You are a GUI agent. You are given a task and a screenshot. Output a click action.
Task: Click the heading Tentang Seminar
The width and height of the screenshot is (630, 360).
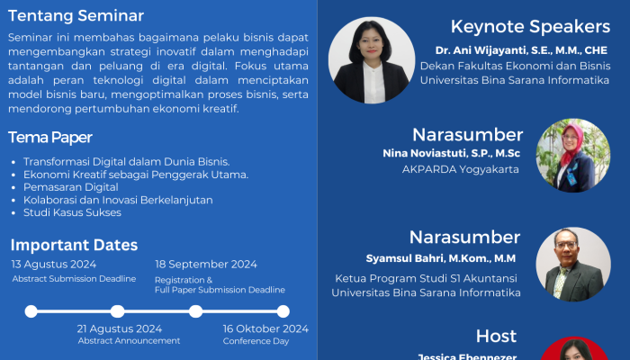coord(76,15)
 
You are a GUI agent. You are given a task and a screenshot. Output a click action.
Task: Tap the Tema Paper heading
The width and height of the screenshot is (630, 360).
coord(50,137)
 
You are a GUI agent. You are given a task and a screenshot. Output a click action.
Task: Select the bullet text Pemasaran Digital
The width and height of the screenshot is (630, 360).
coord(71,186)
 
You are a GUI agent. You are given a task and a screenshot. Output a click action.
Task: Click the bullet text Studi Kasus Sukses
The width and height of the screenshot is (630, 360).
coord(73,212)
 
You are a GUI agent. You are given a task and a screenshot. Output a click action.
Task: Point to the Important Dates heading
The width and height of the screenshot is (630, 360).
coord(75,245)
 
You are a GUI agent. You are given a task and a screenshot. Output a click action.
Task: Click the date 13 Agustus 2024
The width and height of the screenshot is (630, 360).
coord(54,264)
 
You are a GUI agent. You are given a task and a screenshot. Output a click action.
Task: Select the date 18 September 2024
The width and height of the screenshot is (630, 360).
coord(206,264)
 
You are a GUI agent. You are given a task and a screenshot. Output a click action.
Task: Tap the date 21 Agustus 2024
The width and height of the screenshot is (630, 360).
coord(120,328)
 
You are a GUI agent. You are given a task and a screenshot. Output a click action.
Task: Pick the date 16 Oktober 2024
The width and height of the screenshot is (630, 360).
coord(265,328)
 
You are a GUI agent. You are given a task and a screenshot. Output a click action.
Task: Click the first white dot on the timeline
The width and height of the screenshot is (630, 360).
coord(31,311)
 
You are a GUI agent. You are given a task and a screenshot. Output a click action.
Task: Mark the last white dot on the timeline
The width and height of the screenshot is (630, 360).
coord(283,311)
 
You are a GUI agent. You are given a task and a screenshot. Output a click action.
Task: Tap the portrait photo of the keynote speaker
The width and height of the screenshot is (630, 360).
coord(372,60)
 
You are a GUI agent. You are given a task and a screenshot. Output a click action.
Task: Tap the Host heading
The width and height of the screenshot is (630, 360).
coord(496,336)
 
